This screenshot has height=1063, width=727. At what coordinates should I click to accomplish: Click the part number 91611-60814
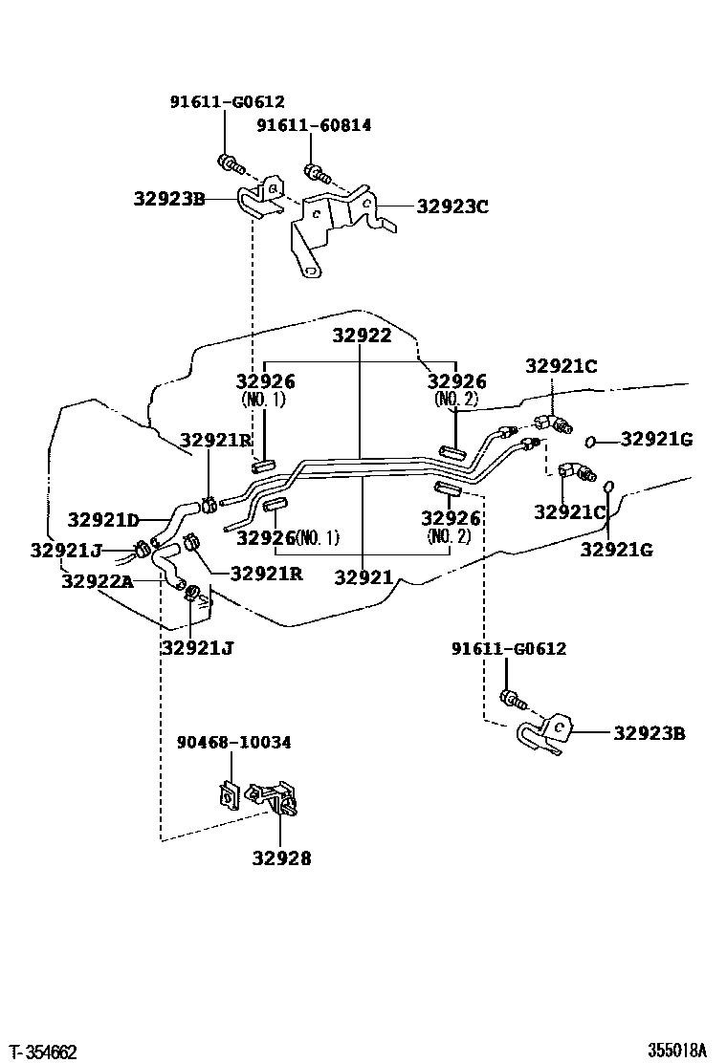pyautogui.click(x=314, y=125)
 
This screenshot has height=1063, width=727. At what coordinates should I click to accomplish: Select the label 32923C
pyautogui.click(x=452, y=204)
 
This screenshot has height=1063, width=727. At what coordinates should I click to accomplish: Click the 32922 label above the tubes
pyautogui.click(x=361, y=336)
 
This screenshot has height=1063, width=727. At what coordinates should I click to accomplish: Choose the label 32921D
pyautogui.click(x=103, y=520)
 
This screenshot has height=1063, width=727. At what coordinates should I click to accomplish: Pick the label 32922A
pyautogui.click(x=97, y=581)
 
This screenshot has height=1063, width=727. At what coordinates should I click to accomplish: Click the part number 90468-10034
pyautogui.click(x=234, y=742)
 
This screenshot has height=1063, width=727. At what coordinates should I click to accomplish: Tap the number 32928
pyautogui.click(x=281, y=857)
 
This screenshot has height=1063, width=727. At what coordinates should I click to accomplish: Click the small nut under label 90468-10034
pyautogui.click(x=229, y=794)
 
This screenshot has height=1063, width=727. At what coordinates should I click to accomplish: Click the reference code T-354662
pyautogui.click(x=45, y=1052)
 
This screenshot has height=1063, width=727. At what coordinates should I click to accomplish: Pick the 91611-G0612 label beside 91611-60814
pyautogui.click(x=228, y=102)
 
